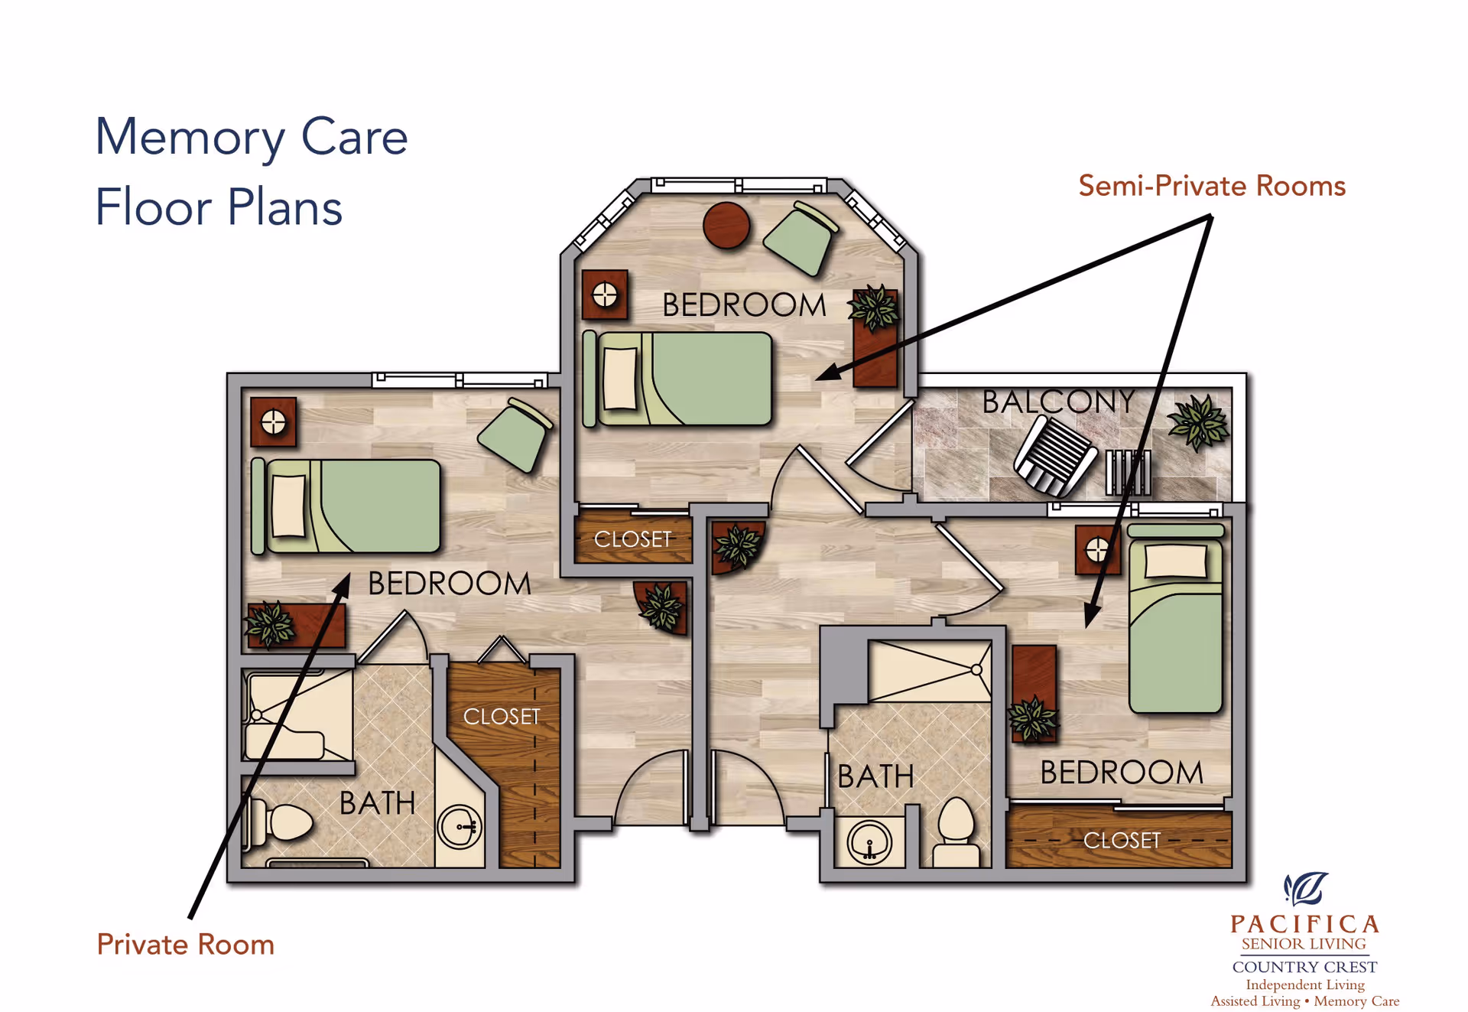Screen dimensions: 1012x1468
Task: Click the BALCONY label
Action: coord(1058,402)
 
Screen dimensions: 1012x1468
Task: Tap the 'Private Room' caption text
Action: coord(185,945)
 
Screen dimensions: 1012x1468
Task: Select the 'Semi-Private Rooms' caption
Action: coord(1212,186)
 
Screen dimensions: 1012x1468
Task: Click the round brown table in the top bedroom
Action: coord(726,225)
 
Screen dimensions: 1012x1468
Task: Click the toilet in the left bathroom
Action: coord(281,823)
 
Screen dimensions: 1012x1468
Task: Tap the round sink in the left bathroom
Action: coord(460,827)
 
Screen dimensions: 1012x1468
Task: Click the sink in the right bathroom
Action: coord(869,843)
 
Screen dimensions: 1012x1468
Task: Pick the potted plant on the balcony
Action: coord(1199,422)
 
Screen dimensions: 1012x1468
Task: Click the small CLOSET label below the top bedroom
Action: coord(632,539)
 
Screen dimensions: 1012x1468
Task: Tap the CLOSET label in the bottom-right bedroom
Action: coord(1122,841)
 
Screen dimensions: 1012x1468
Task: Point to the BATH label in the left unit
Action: coord(377,803)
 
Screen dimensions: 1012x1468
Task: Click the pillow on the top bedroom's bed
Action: coord(619,379)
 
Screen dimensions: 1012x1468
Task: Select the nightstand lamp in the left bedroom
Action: coord(273,421)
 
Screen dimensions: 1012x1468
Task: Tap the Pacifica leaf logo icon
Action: coord(1306,889)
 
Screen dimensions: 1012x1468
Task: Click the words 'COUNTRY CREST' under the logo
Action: coord(1304,967)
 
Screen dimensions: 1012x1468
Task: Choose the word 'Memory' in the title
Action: coord(190,138)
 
